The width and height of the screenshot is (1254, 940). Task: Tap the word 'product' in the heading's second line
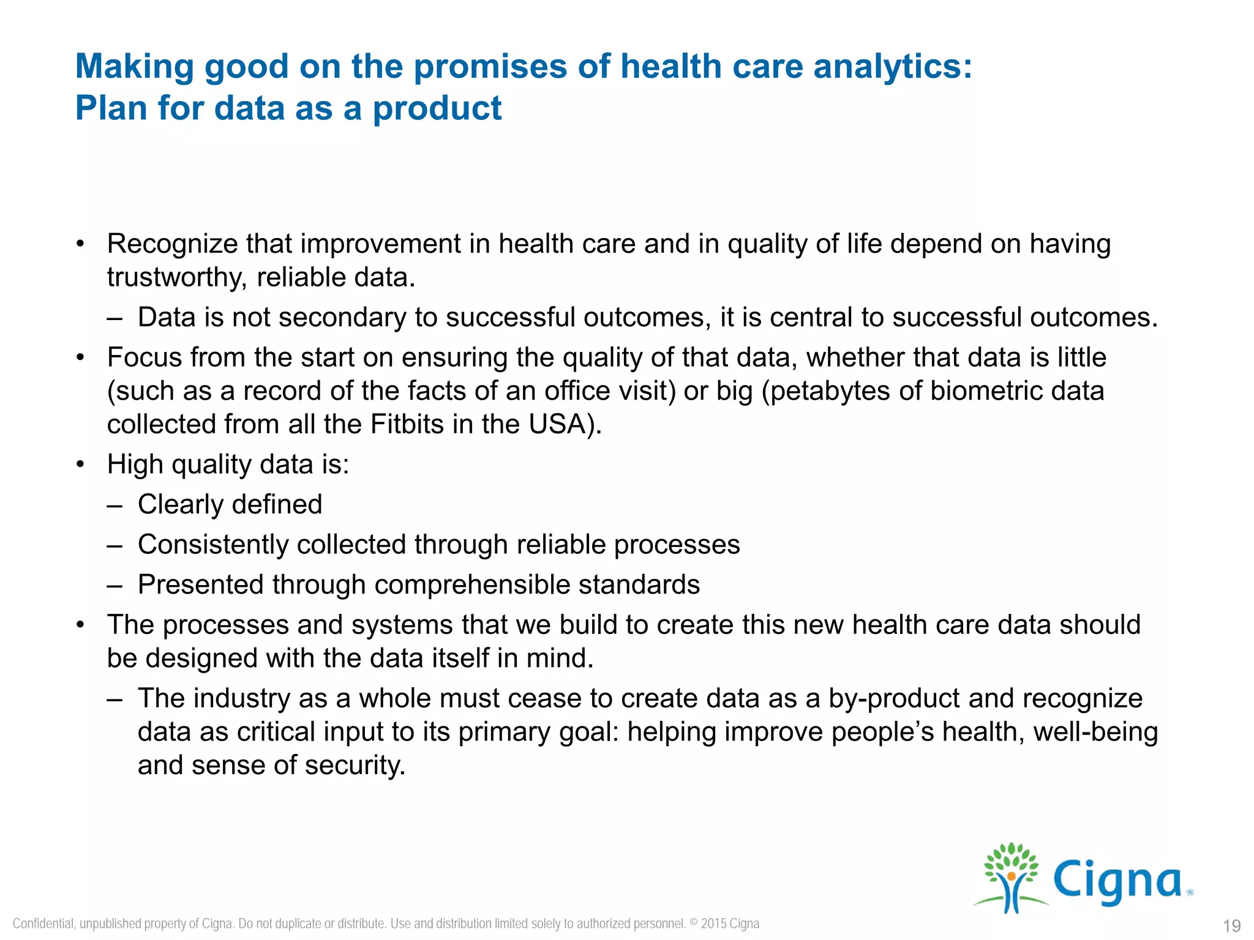(437, 108)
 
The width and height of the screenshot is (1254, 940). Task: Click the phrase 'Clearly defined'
(230, 504)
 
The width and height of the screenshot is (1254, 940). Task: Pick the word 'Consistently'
(212, 545)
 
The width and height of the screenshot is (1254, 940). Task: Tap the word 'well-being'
(1095, 732)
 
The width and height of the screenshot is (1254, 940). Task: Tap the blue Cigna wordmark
(1118, 881)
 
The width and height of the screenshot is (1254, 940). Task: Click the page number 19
(1231, 925)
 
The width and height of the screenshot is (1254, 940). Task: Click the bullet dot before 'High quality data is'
(80, 464)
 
